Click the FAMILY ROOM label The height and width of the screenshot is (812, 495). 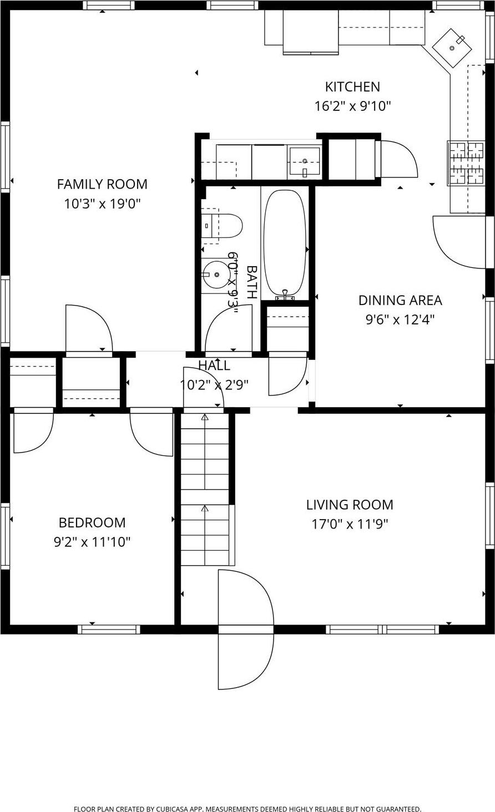(102, 184)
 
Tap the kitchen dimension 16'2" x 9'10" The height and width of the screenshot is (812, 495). (352, 106)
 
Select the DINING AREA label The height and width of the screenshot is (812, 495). (400, 300)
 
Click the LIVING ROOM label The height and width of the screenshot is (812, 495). (350, 505)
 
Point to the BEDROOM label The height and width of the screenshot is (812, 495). (92, 522)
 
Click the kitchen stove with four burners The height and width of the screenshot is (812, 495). (466, 163)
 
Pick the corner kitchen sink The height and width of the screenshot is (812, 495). (452, 48)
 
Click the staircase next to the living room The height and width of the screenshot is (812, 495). (205, 488)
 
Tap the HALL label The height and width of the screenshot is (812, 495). (214, 366)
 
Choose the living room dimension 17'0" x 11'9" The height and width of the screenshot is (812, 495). (350, 524)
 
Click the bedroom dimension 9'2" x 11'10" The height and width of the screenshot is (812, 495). (92, 542)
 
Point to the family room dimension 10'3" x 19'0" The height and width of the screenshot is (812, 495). (102, 204)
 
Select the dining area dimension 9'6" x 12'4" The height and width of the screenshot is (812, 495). (400, 319)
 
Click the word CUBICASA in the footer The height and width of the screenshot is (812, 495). (180, 809)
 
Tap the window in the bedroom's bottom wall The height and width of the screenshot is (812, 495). (109, 629)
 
